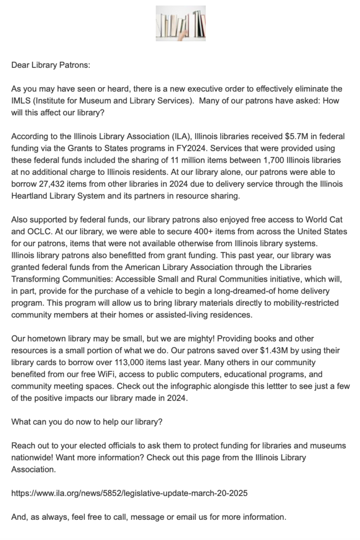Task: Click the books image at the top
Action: tap(180, 23)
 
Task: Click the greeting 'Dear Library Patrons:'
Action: tap(50, 65)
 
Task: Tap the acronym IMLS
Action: tap(21, 101)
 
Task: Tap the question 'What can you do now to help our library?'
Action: tap(87, 422)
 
